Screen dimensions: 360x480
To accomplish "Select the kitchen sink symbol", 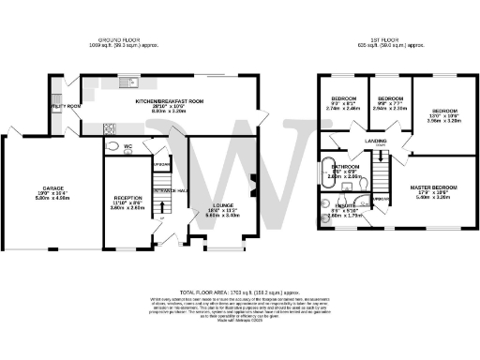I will tap(124, 82).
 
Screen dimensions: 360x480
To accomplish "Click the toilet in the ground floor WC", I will tap(112, 147).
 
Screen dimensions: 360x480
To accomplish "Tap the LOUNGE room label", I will tap(216, 206).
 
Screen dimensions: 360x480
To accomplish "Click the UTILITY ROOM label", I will tap(65, 107).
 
